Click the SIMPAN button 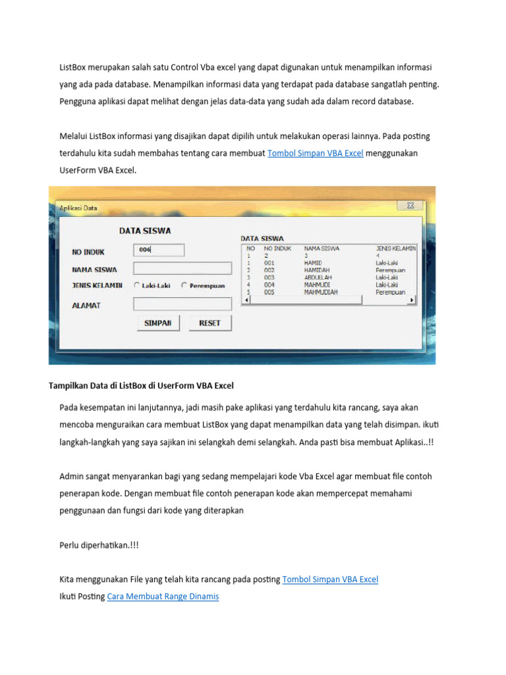(157, 323)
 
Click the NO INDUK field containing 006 (159, 250)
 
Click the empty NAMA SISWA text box (183, 268)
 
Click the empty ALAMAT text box (183, 304)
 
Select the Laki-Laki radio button (136, 285)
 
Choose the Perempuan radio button (184, 285)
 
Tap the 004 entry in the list (269, 285)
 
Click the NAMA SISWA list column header (322, 249)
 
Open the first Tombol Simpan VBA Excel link (315, 153)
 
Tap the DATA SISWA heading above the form (145, 231)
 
